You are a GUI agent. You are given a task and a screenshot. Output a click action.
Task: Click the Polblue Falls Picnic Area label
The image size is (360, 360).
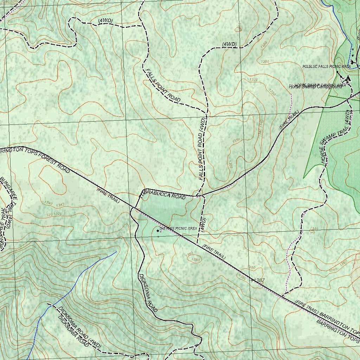[x=327, y=66]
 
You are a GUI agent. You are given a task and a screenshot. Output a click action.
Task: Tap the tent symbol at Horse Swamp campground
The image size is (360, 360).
[x=348, y=79]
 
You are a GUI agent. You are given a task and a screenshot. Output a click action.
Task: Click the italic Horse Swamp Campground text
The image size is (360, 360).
[x=315, y=87]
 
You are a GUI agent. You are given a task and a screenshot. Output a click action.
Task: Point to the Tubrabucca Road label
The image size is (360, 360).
[x=163, y=195]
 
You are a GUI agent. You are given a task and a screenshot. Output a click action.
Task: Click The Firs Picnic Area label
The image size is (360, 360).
[x=178, y=229]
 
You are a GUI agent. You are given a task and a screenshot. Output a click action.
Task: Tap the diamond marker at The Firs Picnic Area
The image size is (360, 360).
[x=157, y=231]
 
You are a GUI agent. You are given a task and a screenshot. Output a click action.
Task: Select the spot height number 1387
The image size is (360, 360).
[x=259, y=280]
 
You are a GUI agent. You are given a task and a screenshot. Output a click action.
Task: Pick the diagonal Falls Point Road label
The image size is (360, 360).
[x=162, y=85]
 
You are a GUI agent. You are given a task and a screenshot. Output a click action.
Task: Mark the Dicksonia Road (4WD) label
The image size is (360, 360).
[x=79, y=328]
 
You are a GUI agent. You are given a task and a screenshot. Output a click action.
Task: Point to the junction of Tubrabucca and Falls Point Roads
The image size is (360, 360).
[x=197, y=196]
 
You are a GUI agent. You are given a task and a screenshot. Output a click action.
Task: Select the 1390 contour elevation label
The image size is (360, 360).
[x=236, y=140]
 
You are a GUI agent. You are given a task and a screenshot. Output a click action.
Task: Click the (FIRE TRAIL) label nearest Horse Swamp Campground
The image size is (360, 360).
[x=289, y=120]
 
